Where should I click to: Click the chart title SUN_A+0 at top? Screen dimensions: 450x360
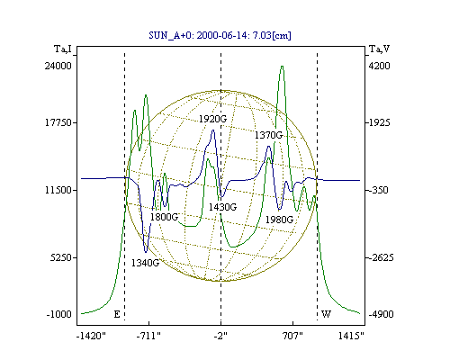220,35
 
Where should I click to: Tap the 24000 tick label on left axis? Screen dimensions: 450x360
58,66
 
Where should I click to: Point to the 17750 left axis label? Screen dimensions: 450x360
58,122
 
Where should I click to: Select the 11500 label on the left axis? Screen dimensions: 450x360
58,190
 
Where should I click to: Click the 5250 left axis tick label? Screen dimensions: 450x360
61,257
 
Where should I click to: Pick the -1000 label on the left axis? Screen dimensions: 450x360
59,314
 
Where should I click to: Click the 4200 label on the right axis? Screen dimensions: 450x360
379,66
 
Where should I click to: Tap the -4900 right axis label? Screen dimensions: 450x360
381,314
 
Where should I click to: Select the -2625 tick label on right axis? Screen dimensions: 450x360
381,257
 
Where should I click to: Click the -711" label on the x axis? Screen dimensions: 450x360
148,336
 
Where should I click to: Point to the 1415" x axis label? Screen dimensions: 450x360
351,336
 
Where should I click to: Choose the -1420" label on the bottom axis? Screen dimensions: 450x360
91,336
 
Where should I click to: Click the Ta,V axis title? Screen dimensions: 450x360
379,49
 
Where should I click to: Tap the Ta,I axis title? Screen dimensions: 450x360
63,49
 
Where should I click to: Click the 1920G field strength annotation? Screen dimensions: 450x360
212,119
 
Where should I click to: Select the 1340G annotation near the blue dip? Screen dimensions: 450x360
145,263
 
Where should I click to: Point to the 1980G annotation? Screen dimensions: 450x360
279,220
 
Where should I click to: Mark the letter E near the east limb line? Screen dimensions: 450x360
117,314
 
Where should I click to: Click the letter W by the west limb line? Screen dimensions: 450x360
326,314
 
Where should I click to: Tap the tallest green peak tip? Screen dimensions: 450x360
282,66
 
